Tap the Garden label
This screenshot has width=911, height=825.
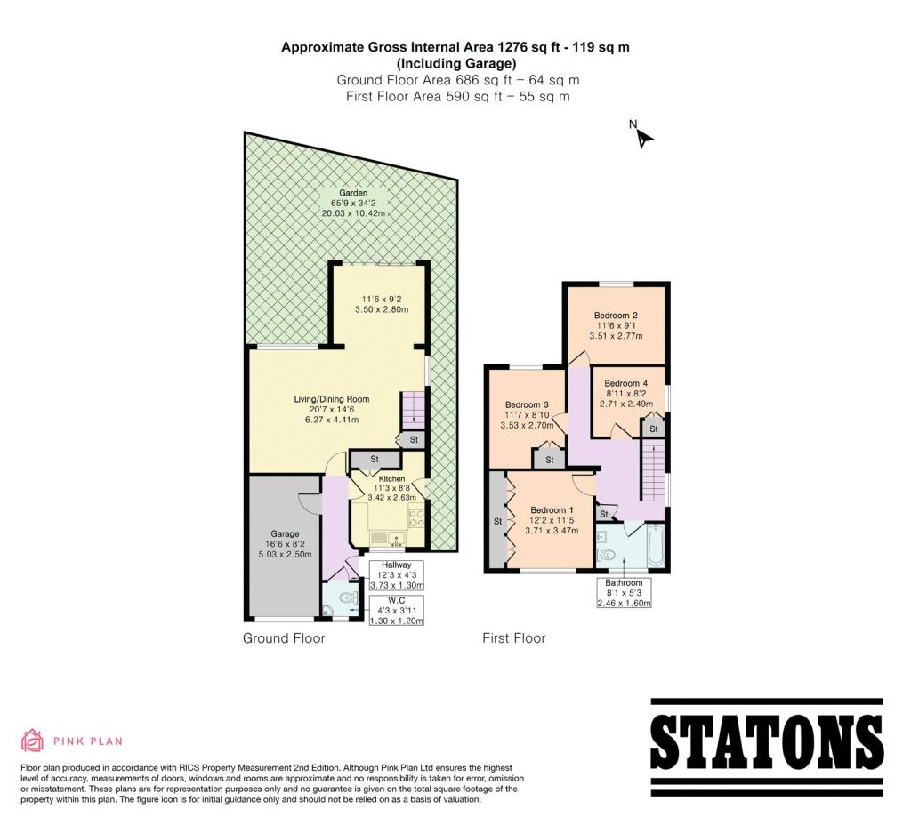point(353,193)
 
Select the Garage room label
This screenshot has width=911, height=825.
point(285,533)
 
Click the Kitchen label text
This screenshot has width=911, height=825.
point(391,479)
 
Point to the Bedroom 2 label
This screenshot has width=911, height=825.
point(616,316)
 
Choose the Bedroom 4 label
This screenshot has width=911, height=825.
point(625,383)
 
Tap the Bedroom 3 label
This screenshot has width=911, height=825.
point(527,404)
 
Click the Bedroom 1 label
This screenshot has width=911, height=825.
point(552,509)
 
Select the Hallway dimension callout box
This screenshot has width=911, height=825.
point(396,575)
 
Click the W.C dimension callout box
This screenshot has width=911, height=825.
point(396,610)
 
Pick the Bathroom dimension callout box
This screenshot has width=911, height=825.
point(624,593)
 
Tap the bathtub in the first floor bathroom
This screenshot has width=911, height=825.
point(655,545)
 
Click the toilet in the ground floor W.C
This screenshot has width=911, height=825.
point(348,597)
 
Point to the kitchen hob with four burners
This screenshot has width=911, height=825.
point(416,518)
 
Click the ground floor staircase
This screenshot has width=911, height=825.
point(413,409)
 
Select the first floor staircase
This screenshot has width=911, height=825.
point(653,471)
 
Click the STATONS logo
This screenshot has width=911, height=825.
point(767,747)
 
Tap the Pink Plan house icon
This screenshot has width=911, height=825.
point(33,741)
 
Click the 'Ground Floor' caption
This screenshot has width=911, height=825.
point(284,638)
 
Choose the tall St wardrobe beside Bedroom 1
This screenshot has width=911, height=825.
point(498,519)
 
